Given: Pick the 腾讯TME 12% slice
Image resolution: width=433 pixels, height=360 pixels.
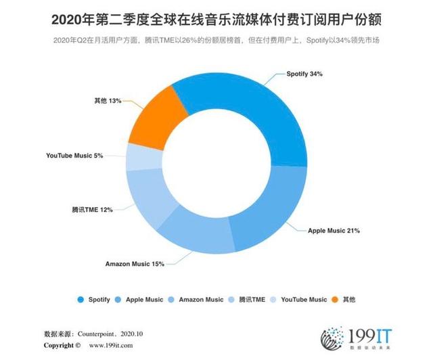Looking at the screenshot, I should tap(149, 196).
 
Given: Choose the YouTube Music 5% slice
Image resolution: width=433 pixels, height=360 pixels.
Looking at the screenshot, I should tap(137, 157).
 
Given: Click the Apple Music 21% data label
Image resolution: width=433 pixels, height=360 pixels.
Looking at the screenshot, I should tap(334, 231).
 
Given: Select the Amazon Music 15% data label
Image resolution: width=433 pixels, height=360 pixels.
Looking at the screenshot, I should tap(134, 264).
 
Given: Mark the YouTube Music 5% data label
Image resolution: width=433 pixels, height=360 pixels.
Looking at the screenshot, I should tap(74, 156).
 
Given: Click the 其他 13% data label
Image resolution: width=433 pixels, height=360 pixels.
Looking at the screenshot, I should tap(108, 100).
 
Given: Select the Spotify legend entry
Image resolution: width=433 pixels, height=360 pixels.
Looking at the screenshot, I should tap(95, 299).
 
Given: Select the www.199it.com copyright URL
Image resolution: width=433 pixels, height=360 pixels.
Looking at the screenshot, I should tap(109, 346).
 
